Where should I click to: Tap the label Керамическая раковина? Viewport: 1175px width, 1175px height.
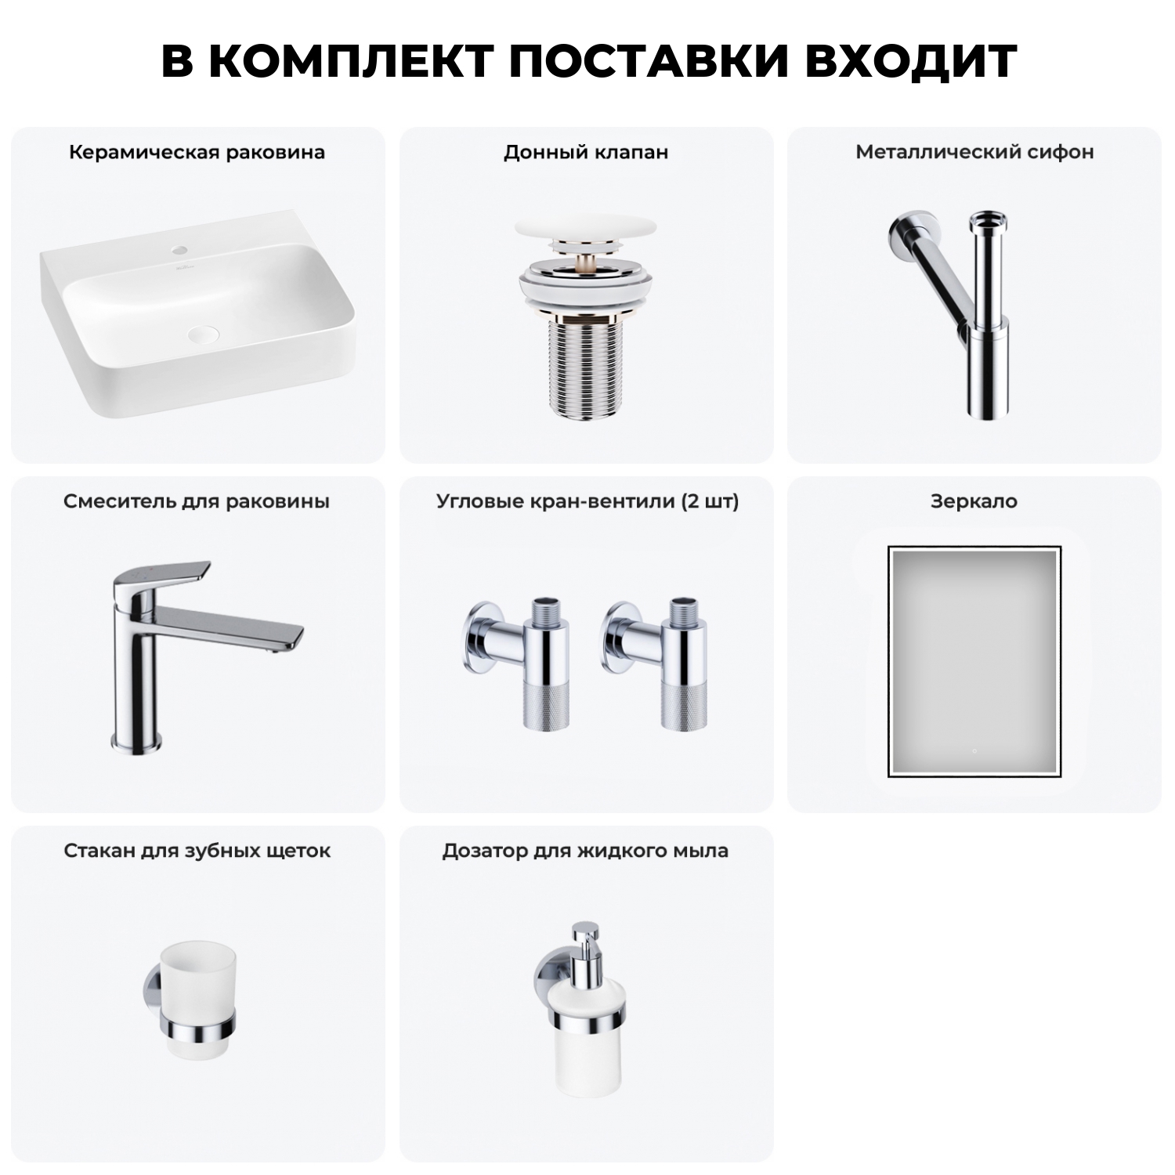tap(197, 152)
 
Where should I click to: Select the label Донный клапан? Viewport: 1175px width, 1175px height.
tap(586, 152)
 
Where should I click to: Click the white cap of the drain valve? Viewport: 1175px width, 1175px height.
tap(586, 231)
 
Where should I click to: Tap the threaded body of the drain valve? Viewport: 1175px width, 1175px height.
tap(586, 368)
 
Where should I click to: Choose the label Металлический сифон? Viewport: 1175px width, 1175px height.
tap(974, 152)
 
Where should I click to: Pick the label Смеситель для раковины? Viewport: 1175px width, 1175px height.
tap(197, 501)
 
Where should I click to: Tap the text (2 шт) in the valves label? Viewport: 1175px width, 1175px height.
tap(710, 501)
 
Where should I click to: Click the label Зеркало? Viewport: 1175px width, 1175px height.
tap(974, 501)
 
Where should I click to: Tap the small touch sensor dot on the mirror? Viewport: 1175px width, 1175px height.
tap(974, 750)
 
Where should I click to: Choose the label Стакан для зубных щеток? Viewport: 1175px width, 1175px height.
tap(197, 851)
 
